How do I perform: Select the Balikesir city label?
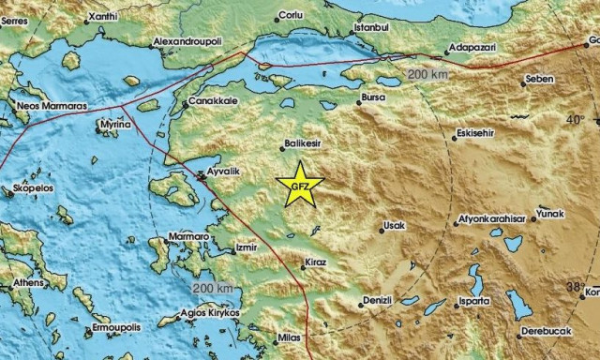click(x=302, y=144)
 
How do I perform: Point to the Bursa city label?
click(x=373, y=97)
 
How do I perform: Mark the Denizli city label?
click(x=380, y=301)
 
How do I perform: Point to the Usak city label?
click(x=394, y=227)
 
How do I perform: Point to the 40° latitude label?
click(x=575, y=120)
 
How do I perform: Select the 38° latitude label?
click(x=575, y=286)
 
